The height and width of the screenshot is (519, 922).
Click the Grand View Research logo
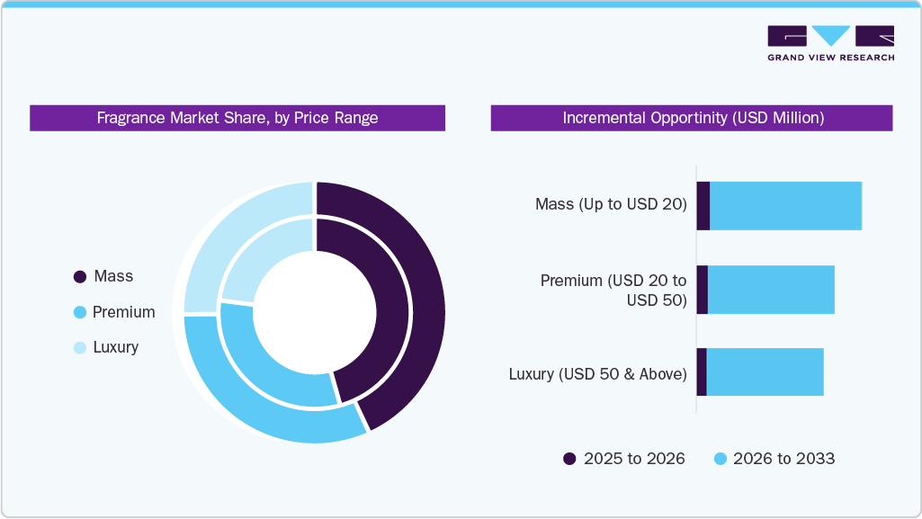[830, 42]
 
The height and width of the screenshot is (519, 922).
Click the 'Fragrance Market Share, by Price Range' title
[237, 118]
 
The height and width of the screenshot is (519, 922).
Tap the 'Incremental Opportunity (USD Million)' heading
[692, 118]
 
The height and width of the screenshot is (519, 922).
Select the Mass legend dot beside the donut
[79, 277]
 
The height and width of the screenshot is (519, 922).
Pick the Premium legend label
[123, 312]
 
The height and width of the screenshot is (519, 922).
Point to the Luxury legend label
[115, 347]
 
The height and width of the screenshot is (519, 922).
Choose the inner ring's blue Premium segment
[270, 369]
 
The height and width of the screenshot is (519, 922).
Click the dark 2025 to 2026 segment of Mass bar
[703, 205]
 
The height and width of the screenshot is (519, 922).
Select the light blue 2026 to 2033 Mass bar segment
[785, 205]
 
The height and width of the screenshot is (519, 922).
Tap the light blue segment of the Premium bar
[771, 290]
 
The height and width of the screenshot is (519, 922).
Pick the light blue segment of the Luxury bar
[765, 372]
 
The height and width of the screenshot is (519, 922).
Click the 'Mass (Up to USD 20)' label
[611, 204]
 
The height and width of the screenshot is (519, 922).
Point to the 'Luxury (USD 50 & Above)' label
[597, 373]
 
